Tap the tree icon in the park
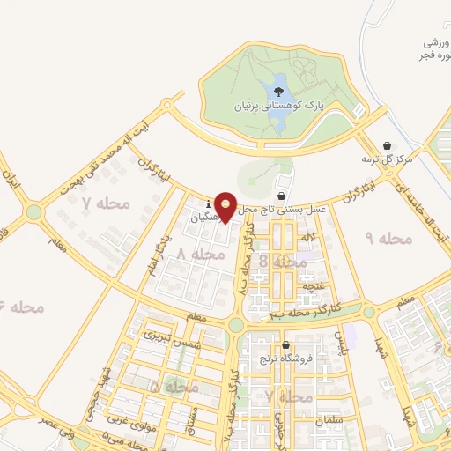click(278, 91)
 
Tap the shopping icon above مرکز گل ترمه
click(387, 146)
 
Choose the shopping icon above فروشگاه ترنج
click(285, 345)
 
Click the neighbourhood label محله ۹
click(382, 239)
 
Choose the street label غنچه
click(313, 287)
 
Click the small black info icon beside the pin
click(208, 202)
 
